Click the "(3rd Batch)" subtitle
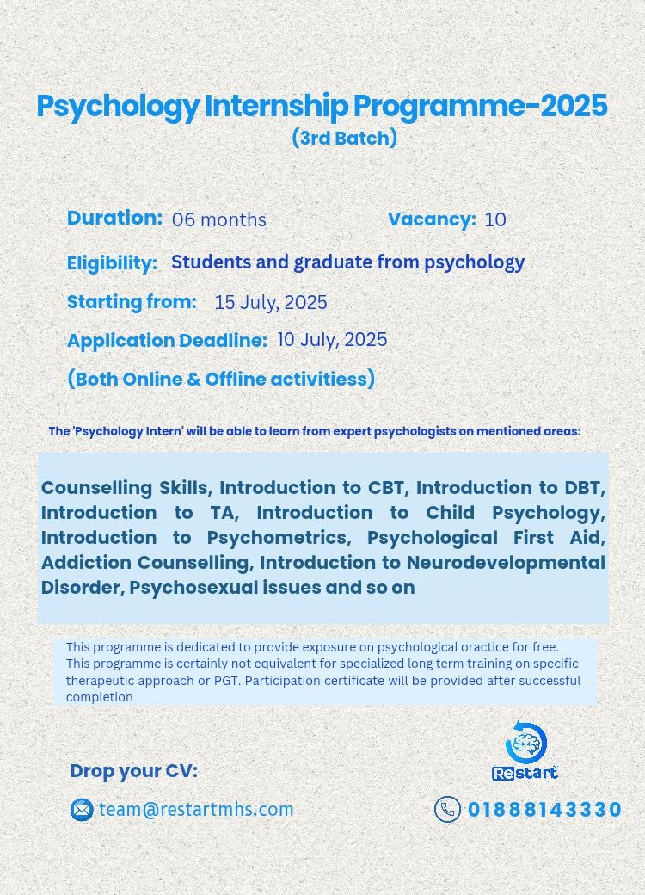pos(344,138)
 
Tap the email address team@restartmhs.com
pos(196,810)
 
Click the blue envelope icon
pos(82,810)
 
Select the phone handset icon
pos(447,810)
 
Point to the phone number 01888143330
pos(544,810)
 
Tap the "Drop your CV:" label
pos(134,771)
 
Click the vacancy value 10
pos(495,219)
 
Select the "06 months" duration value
pos(219,219)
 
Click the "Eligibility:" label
pos(113,263)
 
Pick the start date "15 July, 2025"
pos(271,303)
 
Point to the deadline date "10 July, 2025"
pos(332,339)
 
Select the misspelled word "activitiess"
pos(318,380)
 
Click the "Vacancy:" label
pos(432,219)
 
